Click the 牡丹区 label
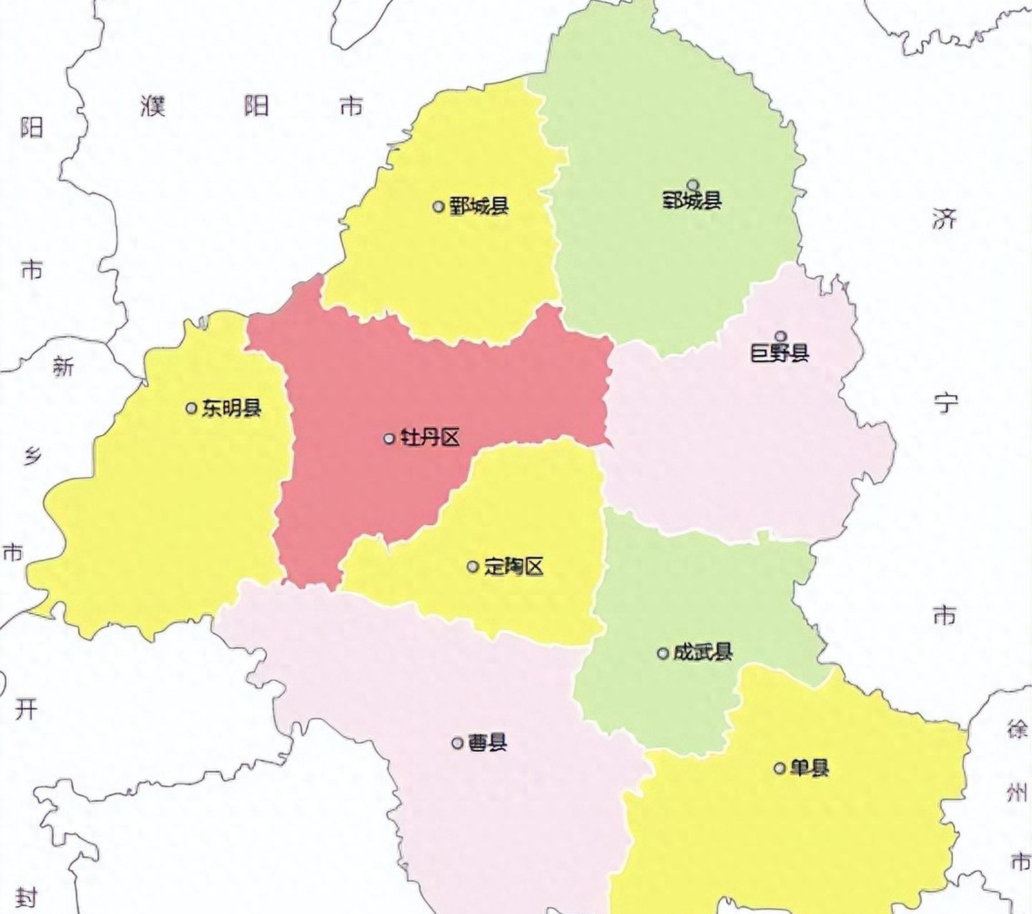[x=430, y=438]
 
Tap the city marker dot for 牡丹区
[x=389, y=438]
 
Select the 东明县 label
[x=232, y=408]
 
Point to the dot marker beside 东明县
[x=191, y=408]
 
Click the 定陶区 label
[x=513, y=567]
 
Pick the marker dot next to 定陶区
[x=473, y=567]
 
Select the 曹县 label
[x=488, y=743]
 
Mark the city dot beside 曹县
[x=457, y=743]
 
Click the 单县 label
[x=810, y=768]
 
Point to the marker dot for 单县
[x=780, y=768]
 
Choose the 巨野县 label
[x=780, y=353]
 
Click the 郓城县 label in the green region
[x=692, y=201]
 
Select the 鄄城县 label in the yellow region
[x=479, y=206]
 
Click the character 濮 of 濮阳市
[x=153, y=106]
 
